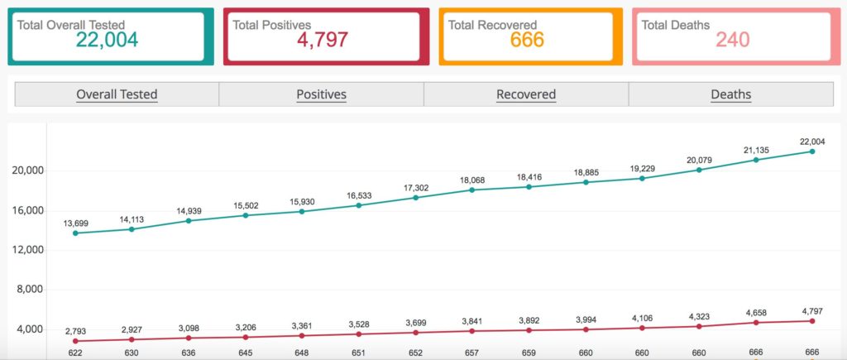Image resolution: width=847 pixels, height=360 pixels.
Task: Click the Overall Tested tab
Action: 117,94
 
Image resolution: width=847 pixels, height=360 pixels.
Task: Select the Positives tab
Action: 322,94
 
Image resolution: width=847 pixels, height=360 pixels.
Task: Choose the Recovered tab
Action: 526,94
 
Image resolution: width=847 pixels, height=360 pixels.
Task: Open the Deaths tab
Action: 731,94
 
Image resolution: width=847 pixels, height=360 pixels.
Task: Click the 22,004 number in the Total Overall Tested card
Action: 107,40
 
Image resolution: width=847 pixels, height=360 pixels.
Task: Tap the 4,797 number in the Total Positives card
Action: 323,40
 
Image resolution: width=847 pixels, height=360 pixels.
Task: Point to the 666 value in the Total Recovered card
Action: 527,40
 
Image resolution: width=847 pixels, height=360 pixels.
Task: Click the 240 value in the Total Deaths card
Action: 733,40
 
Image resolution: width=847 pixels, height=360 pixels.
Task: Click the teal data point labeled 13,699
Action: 75,233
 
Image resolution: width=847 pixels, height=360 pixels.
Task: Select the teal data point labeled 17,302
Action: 415,197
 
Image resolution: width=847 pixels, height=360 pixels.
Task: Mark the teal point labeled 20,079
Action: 699,170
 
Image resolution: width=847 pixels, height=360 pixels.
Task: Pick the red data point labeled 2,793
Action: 75,341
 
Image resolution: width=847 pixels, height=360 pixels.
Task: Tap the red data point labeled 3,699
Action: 415,333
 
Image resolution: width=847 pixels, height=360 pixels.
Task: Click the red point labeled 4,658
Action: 756,323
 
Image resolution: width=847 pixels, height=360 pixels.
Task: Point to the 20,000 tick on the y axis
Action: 27,170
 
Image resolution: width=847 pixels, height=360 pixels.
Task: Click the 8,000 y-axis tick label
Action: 30,290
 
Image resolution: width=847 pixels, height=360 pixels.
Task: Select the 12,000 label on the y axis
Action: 27,250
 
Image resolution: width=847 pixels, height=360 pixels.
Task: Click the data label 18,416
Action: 529,177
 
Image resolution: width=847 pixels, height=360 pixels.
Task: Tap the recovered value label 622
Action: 75,353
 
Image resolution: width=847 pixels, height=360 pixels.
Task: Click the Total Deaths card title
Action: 675,25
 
